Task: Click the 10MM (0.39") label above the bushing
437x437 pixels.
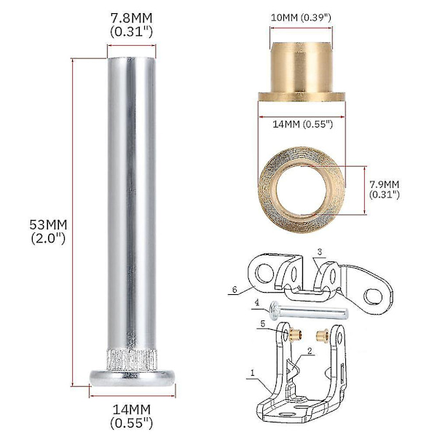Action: (301, 17)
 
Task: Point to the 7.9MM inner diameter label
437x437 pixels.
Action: (385, 189)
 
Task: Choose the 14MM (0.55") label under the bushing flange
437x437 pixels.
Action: (303, 125)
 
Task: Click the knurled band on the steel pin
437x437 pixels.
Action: (132, 360)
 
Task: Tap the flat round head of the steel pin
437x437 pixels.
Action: (133, 378)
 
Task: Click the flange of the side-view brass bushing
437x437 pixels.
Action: (302, 96)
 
